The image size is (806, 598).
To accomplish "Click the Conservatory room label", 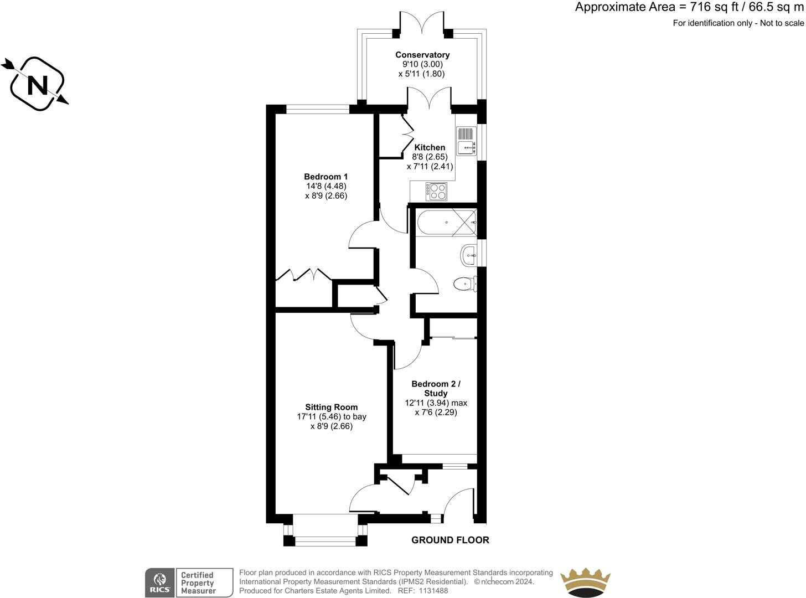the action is coord(422,55).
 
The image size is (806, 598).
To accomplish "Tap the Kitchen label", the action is coord(430,147).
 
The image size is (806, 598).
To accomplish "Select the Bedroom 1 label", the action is coord(326,177).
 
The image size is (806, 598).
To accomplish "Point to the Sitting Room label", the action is coord(332,407).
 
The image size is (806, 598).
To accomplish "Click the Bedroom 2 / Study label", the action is coord(436,389).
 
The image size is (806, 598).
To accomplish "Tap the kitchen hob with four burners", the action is coord(436,191).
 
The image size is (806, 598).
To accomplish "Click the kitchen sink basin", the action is coord(466,148).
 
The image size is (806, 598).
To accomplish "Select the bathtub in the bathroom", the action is coord(446,222).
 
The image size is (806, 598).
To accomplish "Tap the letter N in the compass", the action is coord(38,86).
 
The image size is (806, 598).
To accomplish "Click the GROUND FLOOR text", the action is coord(450,540).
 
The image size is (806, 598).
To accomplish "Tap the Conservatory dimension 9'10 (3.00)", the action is coord(422,64).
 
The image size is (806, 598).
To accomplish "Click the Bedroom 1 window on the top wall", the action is coord(318,109).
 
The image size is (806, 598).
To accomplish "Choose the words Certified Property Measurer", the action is coord(198,582).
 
